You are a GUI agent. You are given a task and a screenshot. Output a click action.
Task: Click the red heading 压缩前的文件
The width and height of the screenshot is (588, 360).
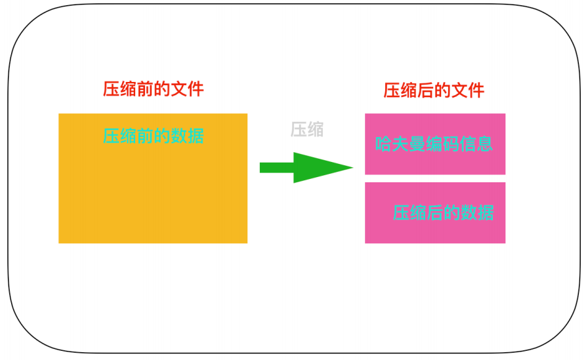[153, 89]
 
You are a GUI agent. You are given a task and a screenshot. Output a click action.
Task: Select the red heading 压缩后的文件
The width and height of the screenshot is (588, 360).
[434, 90]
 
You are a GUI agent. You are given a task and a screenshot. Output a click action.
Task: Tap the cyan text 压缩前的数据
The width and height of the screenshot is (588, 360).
[153, 136]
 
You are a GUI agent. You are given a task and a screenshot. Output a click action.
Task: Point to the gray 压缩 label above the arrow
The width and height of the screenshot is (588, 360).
[307, 129]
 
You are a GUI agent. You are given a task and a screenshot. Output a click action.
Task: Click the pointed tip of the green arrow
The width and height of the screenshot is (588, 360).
[352, 167]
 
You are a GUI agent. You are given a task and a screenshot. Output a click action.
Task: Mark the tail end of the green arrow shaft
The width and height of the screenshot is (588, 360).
[261, 168]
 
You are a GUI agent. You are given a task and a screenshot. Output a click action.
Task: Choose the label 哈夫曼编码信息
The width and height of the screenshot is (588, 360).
[434, 144]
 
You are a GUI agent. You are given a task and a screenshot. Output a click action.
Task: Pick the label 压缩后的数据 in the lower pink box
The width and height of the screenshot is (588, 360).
[443, 212]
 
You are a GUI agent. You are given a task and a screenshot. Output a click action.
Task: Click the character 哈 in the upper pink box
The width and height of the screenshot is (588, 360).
[383, 144]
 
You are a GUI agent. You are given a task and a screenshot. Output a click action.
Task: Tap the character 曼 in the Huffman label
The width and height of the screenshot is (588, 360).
[417, 144]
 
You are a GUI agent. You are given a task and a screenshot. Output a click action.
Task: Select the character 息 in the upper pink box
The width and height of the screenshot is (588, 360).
[485, 144]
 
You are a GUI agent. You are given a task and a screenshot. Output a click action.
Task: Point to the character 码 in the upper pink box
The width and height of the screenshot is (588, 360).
[451, 144]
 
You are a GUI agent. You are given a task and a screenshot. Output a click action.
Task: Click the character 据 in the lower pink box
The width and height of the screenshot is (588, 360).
[486, 212]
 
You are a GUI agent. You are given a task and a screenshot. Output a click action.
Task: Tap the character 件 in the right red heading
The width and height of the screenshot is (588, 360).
[476, 90]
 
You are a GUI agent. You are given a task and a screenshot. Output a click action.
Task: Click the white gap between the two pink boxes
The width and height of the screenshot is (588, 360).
[434, 178]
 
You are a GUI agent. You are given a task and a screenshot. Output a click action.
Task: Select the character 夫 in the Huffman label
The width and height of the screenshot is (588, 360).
[400, 144]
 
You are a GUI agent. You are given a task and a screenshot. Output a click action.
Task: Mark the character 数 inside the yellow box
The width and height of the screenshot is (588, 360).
[178, 136]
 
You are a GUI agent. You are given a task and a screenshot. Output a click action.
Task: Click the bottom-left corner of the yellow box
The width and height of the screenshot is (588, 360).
[59, 243]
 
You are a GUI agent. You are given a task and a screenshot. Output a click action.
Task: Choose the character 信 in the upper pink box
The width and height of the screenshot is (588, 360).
[468, 144]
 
